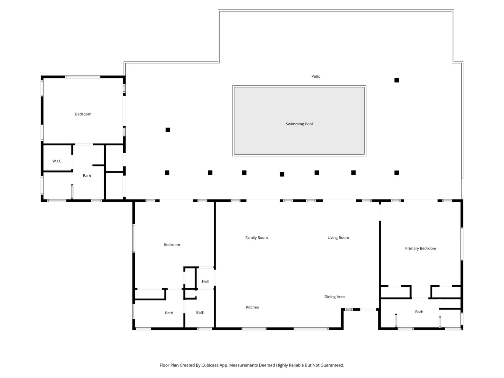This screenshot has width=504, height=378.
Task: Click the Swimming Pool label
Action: (x=299, y=124)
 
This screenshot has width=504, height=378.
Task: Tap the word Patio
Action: (x=316, y=76)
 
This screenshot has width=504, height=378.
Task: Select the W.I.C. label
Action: (x=57, y=161)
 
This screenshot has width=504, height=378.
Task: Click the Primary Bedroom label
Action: (x=420, y=248)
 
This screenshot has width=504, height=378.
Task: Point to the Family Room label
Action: (x=257, y=238)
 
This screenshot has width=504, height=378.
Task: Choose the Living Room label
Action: (x=338, y=238)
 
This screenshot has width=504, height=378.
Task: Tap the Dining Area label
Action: (x=334, y=297)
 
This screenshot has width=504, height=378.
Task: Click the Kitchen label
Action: (x=252, y=307)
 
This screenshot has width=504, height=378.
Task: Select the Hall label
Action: (x=205, y=281)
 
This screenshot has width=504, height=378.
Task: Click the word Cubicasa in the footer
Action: (x=210, y=365)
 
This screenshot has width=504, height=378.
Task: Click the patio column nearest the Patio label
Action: (x=397, y=80)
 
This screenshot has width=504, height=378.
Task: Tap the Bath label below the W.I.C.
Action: (x=87, y=176)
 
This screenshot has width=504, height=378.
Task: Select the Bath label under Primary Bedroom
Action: (x=419, y=312)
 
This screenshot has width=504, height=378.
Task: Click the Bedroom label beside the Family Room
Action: (x=172, y=245)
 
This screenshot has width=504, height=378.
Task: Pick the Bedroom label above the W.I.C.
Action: (x=83, y=114)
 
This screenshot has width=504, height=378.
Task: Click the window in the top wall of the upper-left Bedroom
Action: (x=83, y=77)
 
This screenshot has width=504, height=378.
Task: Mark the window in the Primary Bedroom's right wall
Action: (x=462, y=244)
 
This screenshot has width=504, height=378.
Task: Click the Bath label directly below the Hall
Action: (x=200, y=313)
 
